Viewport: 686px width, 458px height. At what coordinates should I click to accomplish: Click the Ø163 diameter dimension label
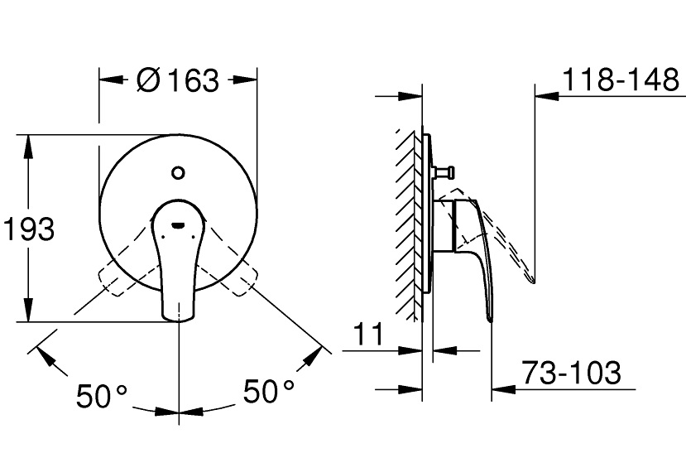coord(177,80)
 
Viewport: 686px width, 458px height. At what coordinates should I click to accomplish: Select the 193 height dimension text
coord(29,229)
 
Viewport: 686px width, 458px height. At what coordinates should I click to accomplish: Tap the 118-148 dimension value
coord(621,80)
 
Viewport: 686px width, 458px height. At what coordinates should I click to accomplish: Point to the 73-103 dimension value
coord(572,373)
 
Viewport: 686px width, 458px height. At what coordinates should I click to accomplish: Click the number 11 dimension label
coord(368,335)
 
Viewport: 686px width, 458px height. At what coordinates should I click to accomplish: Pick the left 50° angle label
coord(102,396)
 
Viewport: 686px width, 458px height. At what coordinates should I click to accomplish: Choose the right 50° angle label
coord(269,391)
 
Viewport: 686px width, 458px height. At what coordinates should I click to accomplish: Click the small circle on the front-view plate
coord(178,172)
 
